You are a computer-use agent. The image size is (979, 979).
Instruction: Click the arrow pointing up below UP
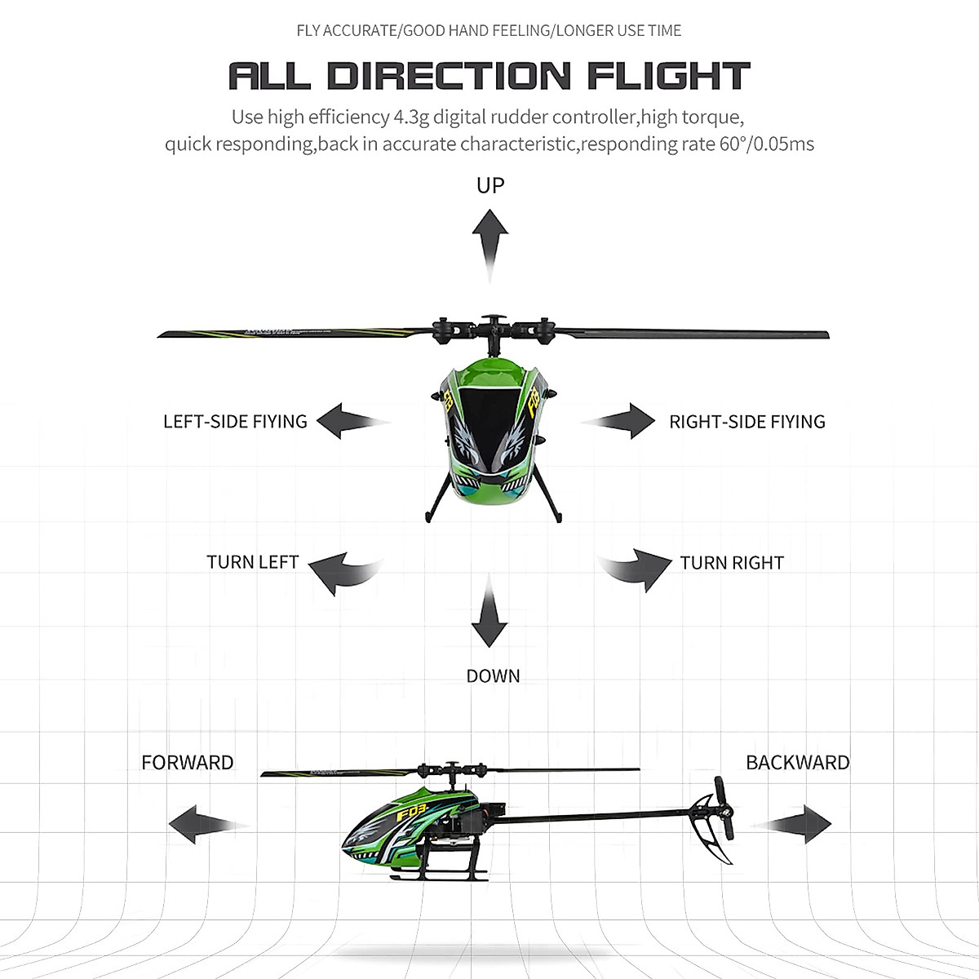pyautogui.click(x=489, y=246)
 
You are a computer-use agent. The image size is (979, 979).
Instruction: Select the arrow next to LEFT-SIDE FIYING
pyautogui.click(x=353, y=421)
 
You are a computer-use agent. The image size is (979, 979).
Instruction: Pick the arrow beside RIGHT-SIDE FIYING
pyautogui.click(x=618, y=421)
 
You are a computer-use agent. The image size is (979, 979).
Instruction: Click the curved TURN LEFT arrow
pyautogui.click(x=346, y=574)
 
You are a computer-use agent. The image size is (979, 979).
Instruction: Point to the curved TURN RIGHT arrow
pyautogui.click(x=634, y=570)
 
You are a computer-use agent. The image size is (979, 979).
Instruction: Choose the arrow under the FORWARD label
pyautogui.click(x=210, y=824)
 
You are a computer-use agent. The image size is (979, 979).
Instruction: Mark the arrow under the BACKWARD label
pyautogui.click(x=791, y=824)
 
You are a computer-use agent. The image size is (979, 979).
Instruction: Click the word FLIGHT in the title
pyautogui.click(x=669, y=76)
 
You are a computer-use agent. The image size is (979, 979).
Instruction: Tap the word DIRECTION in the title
pyautogui.click(x=449, y=76)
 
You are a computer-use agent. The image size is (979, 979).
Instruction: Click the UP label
pyautogui.click(x=490, y=185)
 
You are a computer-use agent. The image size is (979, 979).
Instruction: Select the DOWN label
pyautogui.click(x=493, y=676)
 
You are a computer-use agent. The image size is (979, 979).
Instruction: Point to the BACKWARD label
pyautogui.click(x=798, y=762)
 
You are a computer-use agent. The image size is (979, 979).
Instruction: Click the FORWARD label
pyautogui.click(x=188, y=762)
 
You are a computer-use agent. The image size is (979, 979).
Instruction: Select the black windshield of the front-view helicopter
pyautogui.click(x=489, y=427)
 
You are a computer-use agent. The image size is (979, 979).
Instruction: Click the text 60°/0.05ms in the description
pyautogui.click(x=767, y=144)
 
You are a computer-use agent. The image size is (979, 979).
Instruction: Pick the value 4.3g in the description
pyautogui.click(x=411, y=117)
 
